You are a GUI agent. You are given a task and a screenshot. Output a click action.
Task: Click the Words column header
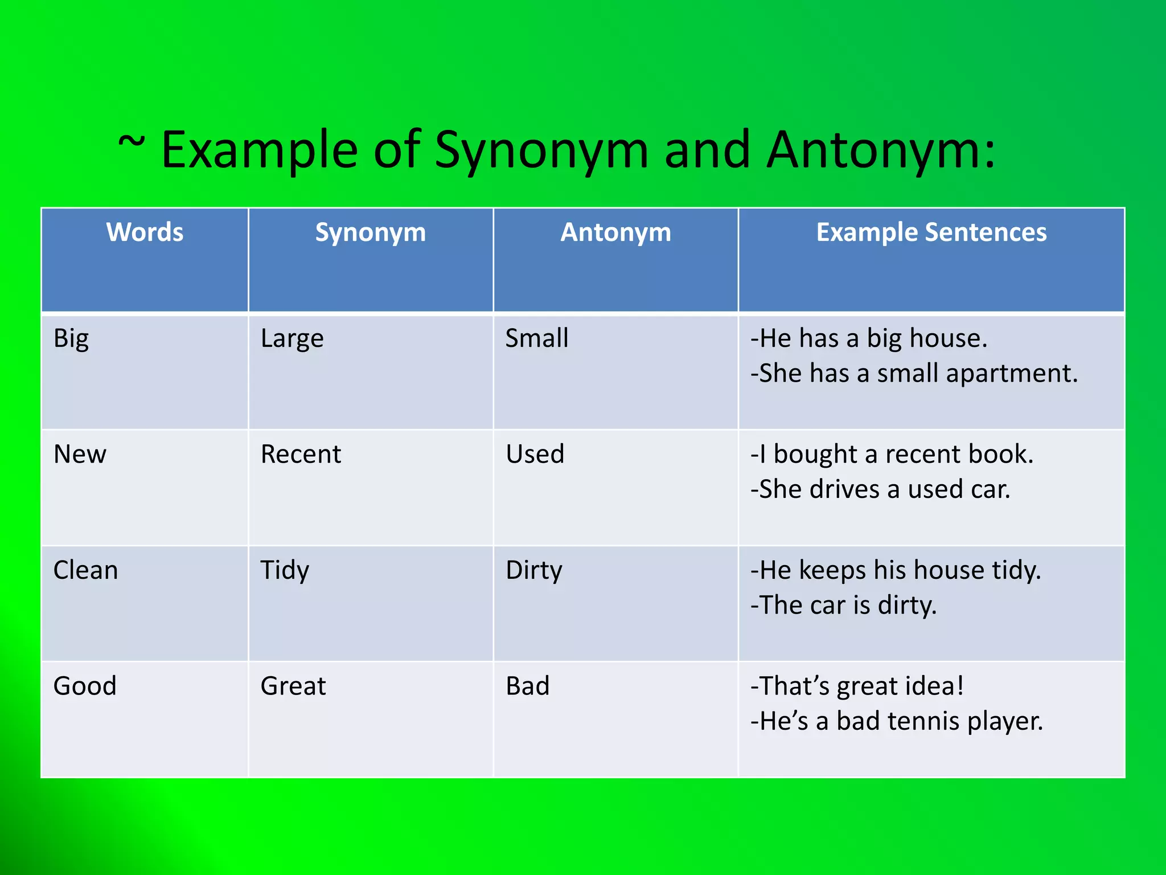(145, 232)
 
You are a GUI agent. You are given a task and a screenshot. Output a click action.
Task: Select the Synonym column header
(370, 232)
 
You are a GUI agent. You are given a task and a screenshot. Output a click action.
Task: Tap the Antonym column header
(615, 232)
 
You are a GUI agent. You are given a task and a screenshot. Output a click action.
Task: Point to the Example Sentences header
(931, 232)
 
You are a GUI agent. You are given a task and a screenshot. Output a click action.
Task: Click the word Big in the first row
(71, 339)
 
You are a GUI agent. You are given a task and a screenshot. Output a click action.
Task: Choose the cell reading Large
(292, 339)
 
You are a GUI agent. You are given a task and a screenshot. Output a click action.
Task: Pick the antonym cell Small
(537, 338)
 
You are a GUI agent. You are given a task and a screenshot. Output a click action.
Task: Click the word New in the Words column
(80, 455)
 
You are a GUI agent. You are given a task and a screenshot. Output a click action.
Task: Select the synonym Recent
(301, 455)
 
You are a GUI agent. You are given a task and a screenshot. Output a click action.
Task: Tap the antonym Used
(535, 455)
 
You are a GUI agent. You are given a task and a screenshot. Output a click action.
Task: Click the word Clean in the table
(85, 570)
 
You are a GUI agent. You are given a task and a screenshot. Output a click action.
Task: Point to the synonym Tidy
(285, 570)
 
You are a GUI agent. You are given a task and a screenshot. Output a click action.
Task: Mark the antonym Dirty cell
(534, 570)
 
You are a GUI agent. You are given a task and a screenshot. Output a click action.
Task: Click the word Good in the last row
(85, 686)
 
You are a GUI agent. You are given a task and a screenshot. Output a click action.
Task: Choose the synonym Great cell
(293, 686)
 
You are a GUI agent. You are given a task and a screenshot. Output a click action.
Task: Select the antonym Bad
(528, 686)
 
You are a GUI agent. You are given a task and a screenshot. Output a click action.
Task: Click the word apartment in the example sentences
(1012, 374)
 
